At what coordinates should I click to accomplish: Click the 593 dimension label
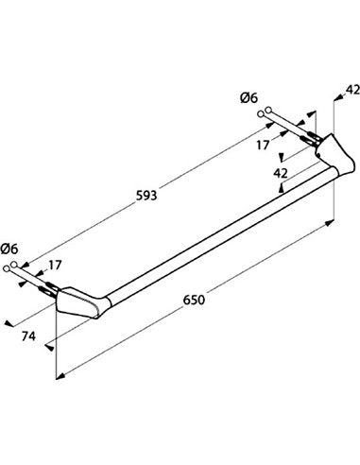(x=146, y=196)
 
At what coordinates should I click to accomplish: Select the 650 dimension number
(x=194, y=300)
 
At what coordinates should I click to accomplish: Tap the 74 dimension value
(x=28, y=336)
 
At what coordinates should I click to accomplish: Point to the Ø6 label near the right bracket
(x=249, y=98)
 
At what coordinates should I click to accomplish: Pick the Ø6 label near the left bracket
(x=9, y=249)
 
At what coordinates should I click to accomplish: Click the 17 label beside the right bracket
(x=263, y=146)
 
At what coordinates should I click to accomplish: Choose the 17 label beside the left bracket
(x=55, y=266)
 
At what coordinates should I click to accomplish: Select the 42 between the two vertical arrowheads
(x=281, y=173)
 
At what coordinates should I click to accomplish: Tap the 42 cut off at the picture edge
(x=352, y=90)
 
